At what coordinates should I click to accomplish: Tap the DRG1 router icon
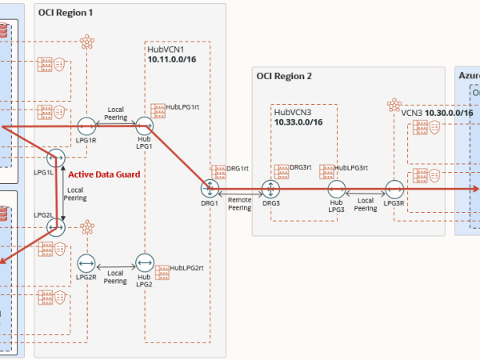[210, 188]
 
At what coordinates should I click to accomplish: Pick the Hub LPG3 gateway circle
[337, 190]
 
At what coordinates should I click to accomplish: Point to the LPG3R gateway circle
[394, 190]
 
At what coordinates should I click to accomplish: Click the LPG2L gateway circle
[55, 228]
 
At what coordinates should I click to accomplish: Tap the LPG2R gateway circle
[87, 263]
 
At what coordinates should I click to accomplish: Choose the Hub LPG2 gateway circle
[144, 263]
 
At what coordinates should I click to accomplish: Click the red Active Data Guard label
[104, 174]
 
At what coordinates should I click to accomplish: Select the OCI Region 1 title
[66, 14]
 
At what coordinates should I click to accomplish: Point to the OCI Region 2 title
[284, 77]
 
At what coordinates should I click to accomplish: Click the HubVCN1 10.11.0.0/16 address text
[174, 59]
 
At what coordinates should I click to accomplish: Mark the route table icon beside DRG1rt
[218, 170]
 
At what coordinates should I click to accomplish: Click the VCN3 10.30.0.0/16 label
[437, 113]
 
